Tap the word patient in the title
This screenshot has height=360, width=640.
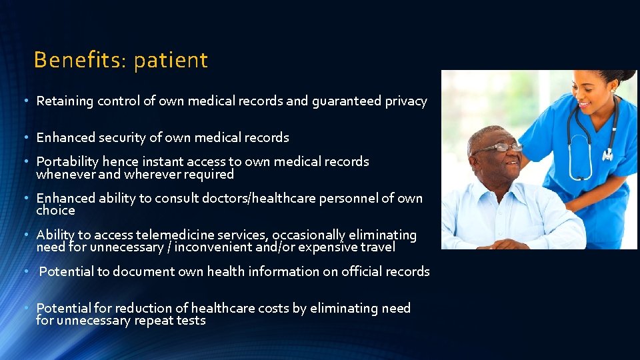tap(171, 61)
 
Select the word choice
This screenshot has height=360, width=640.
tap(55, 211)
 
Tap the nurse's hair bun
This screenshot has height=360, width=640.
tap(623, 75)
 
